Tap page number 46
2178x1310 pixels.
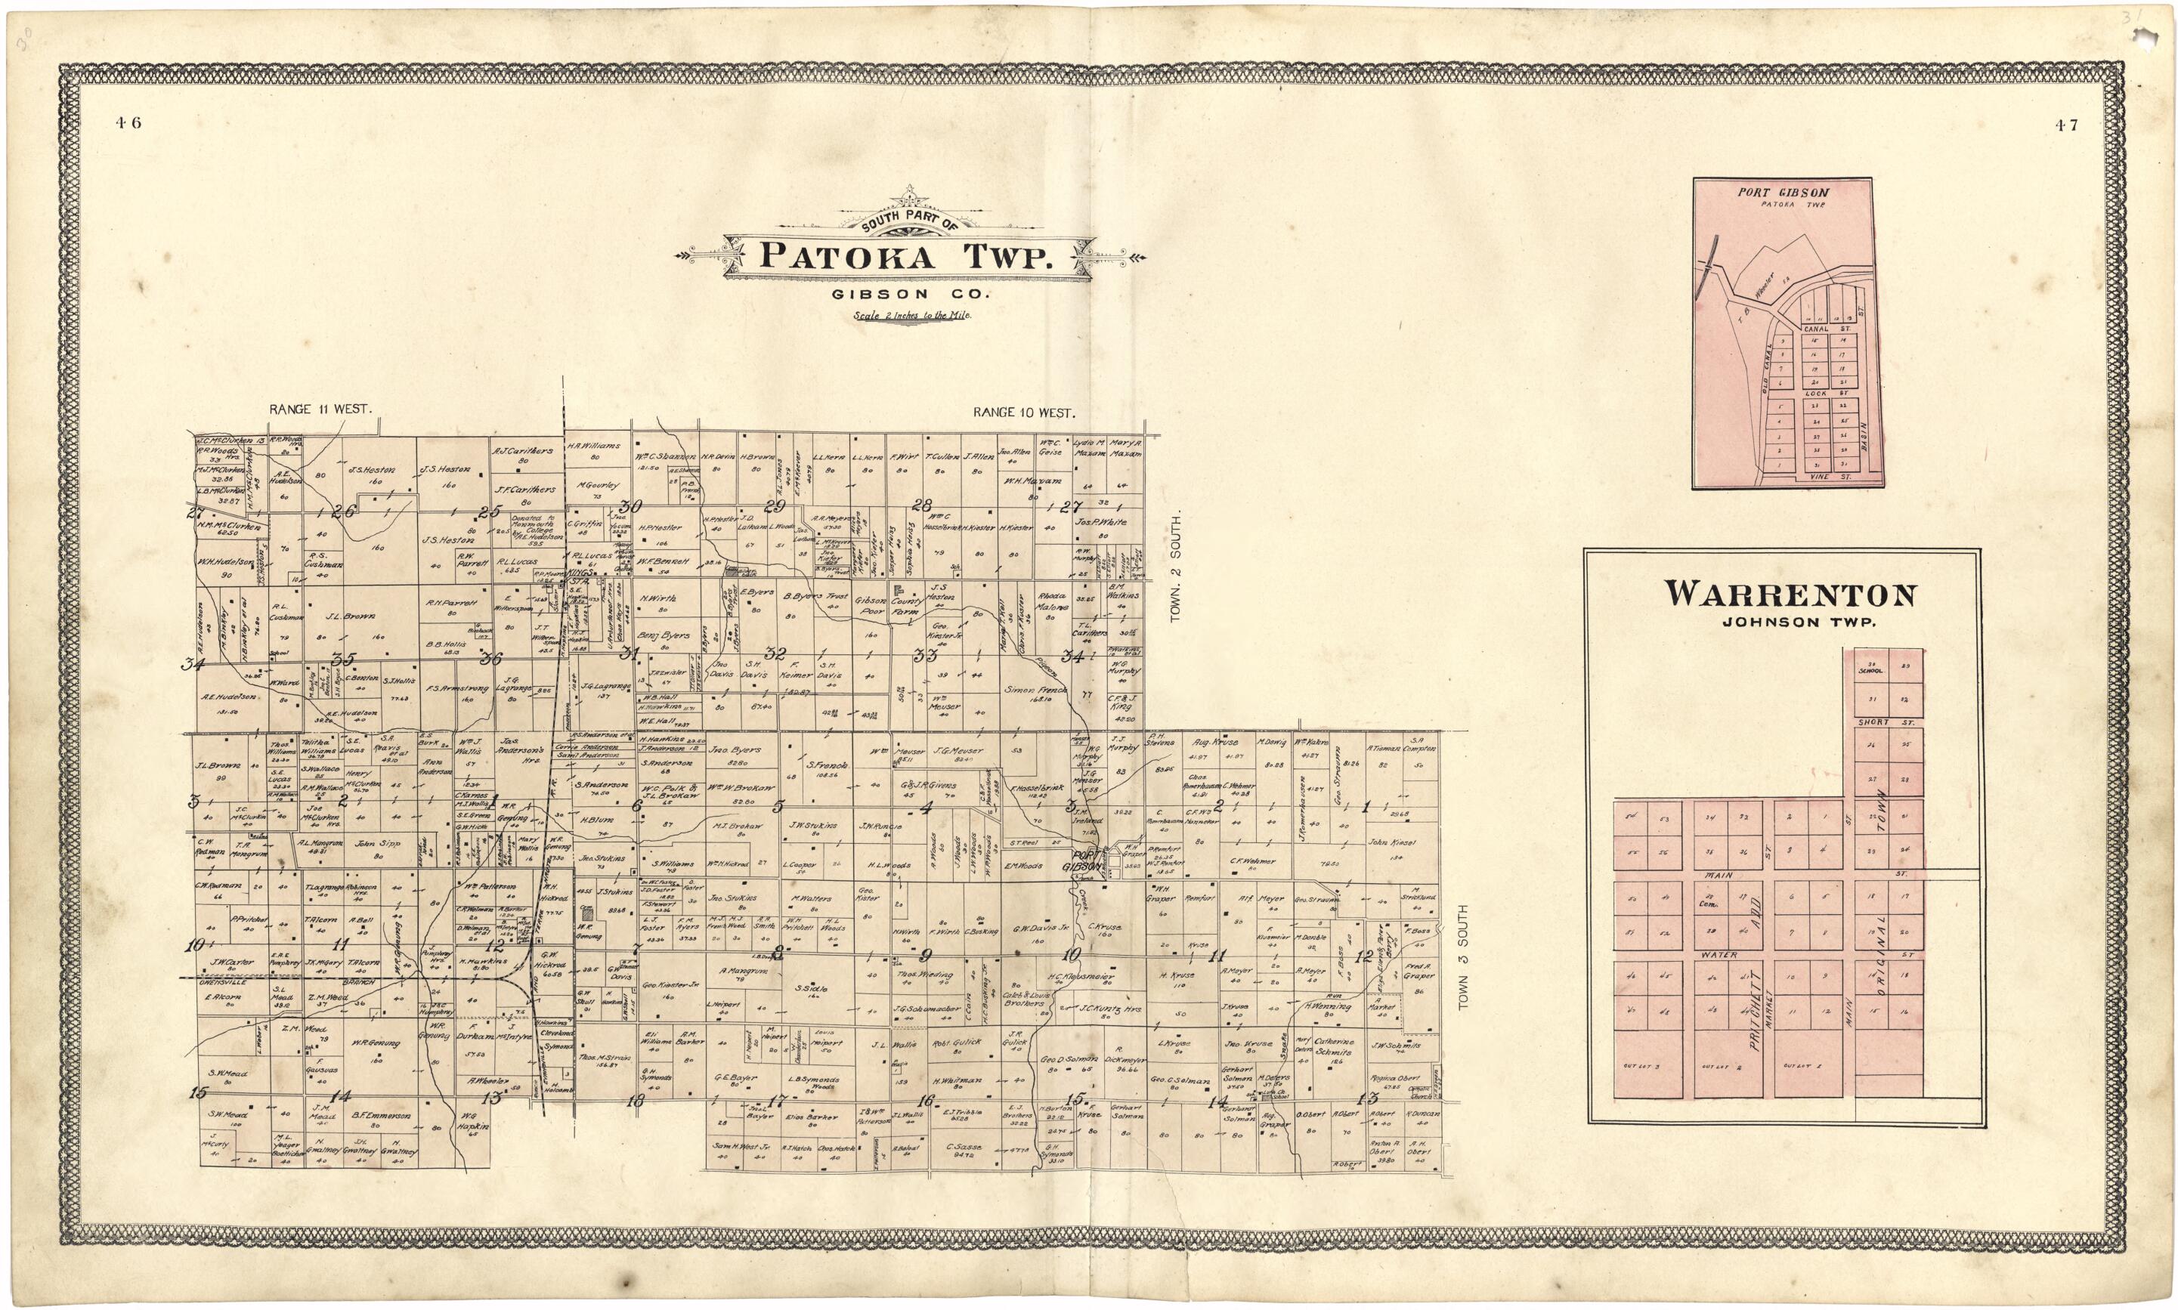click(x=127, y=124)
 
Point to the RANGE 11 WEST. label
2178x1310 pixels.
click(x=321, y=409)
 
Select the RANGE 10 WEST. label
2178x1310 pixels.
click(x=1024, y=412)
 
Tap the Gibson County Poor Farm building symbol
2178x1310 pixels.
click(x=899, y=588)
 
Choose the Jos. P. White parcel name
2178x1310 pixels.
click(x=1101, y=522)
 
